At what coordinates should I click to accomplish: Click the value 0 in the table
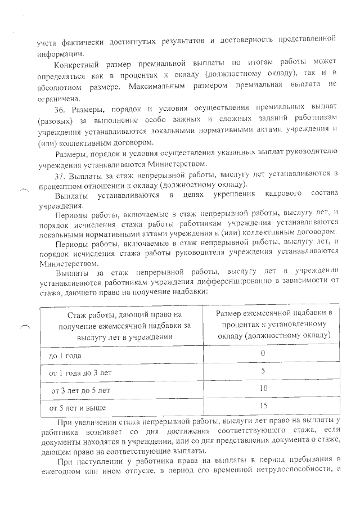click(x=262, y=354)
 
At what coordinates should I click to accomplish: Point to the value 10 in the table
click(x=262, y=389)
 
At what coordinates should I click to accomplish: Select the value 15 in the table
click(x=262, y=406)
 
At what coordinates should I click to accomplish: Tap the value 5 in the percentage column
click(x=262, y=371)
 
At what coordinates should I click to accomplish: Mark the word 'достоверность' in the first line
click(x=250, y=39)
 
